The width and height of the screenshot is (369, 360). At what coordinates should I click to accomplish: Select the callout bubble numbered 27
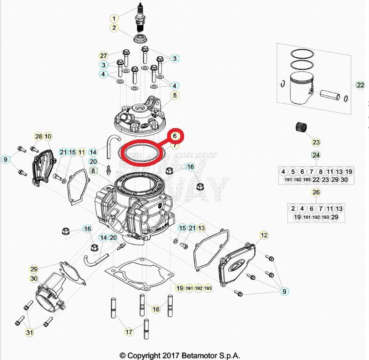click(104, 56)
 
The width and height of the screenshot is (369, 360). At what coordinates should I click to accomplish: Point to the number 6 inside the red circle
click(175, 136)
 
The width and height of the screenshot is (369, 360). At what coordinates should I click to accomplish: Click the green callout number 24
click(316, 155)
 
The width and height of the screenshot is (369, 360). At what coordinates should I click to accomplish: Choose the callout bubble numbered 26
click(316, 192)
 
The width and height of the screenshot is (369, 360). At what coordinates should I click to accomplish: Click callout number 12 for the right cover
click(264, 235)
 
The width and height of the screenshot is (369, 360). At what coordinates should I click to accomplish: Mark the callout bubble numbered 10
click(48, 137)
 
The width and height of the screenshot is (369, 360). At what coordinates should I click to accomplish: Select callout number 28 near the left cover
click(38, 137)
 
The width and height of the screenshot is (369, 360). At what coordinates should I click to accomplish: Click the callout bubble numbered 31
click(30, 333)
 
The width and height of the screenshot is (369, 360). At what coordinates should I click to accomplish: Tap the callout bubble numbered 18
click(156, 309)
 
